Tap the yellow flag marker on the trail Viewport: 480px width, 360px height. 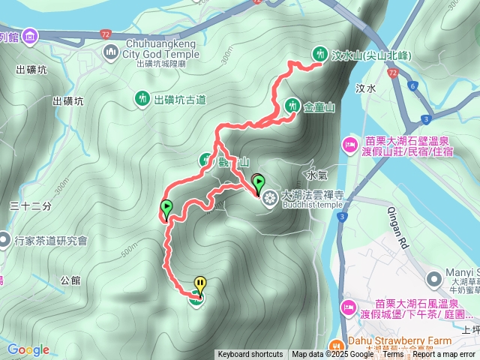(x=199, y=284)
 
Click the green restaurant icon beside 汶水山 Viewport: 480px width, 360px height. (x=320, y=53)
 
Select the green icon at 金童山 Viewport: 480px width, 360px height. (x=292, y=106)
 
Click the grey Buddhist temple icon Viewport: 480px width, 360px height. (x=268, y=197)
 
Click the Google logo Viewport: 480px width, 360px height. (x=28, y=349)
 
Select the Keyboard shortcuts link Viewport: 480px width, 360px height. (x=250, y=355)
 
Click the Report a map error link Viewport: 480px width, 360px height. (x=444, y=355)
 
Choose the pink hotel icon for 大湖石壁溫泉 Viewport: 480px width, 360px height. (x=349, y=144)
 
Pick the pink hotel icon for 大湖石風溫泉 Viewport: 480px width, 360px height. (x=349, y=307)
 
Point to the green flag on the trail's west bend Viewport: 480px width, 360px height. (x=166, y=208)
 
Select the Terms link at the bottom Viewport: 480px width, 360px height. (x=392, y=355)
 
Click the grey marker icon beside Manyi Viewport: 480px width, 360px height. (x=433, y=279)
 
